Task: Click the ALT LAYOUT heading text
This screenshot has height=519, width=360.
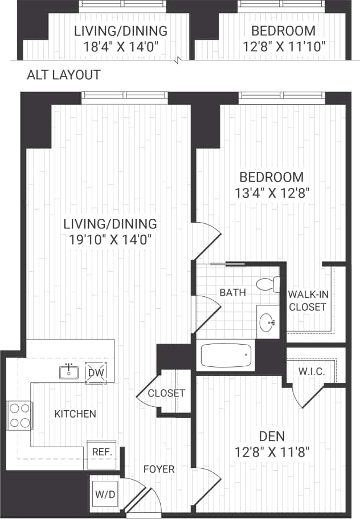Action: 64,75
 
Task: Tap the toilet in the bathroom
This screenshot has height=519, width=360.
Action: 268,284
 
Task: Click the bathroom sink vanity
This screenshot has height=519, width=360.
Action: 268,323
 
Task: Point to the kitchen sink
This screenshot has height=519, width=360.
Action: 69,372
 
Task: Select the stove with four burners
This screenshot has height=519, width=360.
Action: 19,415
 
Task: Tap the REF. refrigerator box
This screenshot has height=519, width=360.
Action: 101,452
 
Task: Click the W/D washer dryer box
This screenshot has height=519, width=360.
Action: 105,494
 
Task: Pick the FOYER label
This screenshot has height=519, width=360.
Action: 159,469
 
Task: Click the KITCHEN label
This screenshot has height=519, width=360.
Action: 75,414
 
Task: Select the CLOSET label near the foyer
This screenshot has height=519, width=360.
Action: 166,393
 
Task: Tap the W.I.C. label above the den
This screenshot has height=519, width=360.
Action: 312,371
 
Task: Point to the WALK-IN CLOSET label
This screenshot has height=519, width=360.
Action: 307,301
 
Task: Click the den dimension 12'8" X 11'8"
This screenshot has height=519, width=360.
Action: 271,453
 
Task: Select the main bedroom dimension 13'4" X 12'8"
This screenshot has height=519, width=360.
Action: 271,192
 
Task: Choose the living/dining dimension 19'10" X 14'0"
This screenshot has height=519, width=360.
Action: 110,239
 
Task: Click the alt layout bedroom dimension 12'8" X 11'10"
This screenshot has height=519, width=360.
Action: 284,46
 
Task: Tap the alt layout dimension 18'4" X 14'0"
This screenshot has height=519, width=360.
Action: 121,46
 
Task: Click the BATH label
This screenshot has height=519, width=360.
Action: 233,293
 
